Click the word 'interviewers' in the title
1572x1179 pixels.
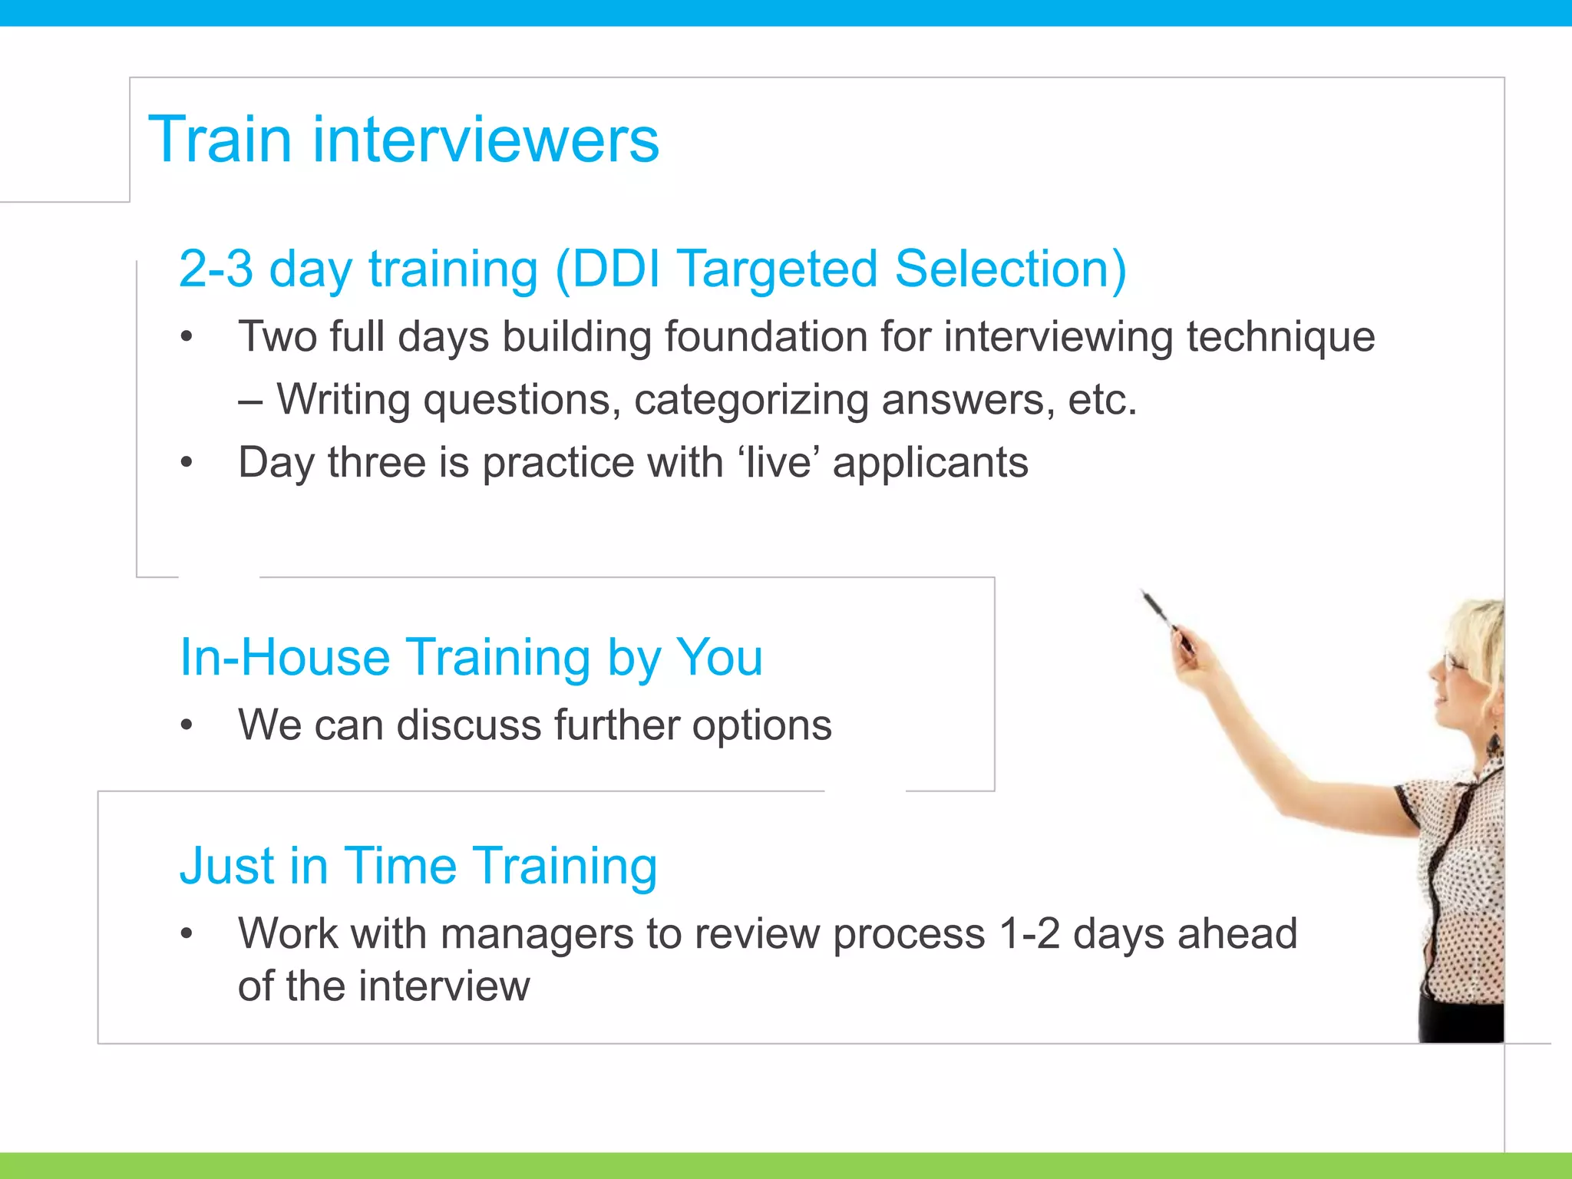click(485, 140)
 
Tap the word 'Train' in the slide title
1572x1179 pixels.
click(220, 140)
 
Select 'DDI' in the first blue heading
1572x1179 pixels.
click(616, 269)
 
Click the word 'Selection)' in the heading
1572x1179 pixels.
click(1010, 269)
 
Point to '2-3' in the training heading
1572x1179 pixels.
click(216, 269)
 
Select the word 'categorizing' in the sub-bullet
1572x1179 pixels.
click(751, 401)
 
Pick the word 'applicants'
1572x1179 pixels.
click(930, 464)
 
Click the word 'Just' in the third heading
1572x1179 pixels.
click(226, 866)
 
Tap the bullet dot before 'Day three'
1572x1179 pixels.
click(187, 463)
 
